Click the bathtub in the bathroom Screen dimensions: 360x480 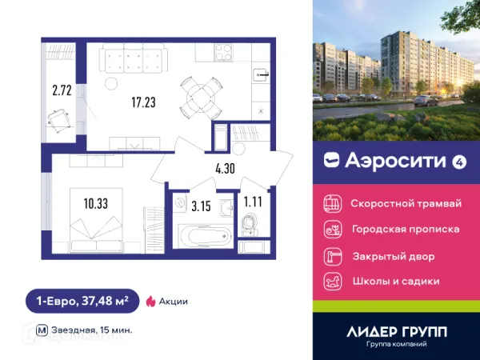click(x=202, y=235)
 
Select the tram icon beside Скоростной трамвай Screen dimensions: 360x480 click(x=331, y=203)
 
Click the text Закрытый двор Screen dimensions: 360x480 click(x=393, y=257)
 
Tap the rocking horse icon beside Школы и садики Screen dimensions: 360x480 click(x=331, y=282)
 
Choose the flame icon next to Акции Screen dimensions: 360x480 click(x=150, y=302)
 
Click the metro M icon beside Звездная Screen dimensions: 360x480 click(x=41, y=330)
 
